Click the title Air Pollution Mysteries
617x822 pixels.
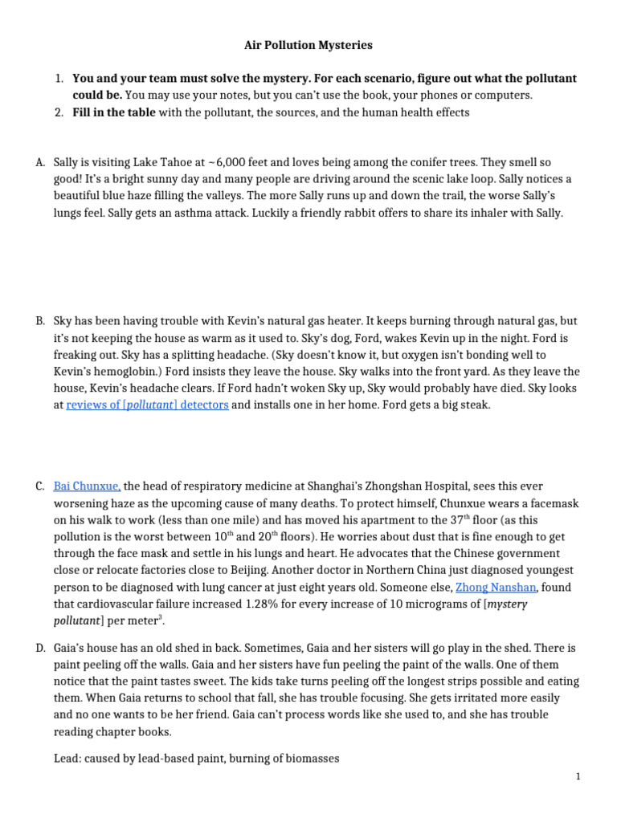[x=308, y=46]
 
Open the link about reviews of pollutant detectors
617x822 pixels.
[x=147, y=405]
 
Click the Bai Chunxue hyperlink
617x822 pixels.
[x=87, y=486]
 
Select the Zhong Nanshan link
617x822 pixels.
[x=494, y=588]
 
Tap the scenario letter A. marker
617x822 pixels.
[x=40, y=162]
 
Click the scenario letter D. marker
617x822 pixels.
[x=40, y=648]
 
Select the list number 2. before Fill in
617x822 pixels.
[x=59, y=112]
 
